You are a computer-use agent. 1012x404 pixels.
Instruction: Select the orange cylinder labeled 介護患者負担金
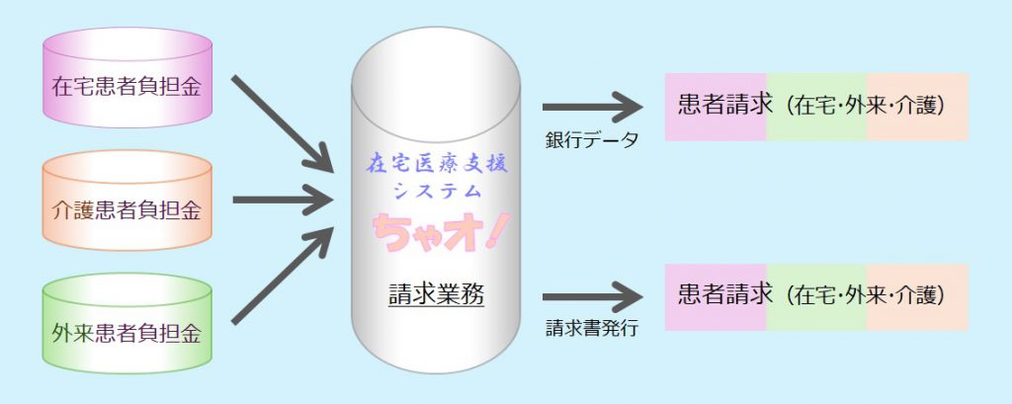point(127,209)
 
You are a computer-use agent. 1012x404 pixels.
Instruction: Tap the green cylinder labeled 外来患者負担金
point(127,333)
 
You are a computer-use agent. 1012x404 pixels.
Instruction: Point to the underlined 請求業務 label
point(436,294)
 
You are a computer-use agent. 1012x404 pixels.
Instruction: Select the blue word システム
point(437,189)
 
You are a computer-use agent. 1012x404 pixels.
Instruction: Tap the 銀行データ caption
point(592,138)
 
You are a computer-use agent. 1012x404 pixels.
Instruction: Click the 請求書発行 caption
point(592,328)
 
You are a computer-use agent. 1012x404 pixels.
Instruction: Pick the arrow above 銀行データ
point(592,106)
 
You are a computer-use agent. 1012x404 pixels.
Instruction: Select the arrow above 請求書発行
point(592,295)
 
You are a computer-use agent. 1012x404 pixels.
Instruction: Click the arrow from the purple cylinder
point(283,120)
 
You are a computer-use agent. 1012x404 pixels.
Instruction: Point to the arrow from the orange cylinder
point(283,202)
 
